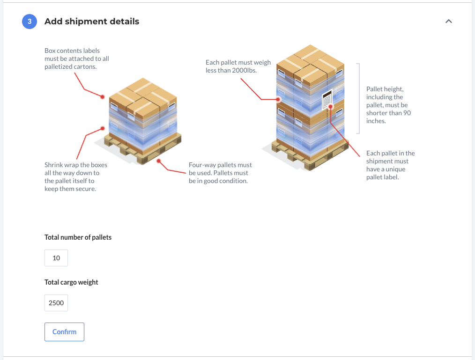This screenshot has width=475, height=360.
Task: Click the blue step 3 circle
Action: coord(30,22)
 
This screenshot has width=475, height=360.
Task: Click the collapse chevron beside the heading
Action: coord(449,21)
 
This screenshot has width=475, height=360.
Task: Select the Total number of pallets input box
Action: coord(56,258)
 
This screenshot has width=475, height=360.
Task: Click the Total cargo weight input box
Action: coord(56,303)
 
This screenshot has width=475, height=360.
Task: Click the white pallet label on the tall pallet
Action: coord(327,99)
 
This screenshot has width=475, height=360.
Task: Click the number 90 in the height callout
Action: coord(407,113)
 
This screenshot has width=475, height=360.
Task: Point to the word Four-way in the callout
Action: coord(202,165)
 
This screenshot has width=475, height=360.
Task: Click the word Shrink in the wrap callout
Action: coord(53,165)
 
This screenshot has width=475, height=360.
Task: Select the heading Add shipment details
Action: coord(92,22)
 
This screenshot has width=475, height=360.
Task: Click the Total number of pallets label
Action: coord(78,237)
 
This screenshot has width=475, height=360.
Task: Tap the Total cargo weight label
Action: coord(71,282)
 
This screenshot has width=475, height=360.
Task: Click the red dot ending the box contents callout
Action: coord(103,97)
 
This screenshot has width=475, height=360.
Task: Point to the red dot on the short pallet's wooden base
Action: coord(158,161)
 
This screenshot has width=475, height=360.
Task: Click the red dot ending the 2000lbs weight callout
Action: coord(278,99)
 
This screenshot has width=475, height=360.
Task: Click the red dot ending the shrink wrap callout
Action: coord(103,128)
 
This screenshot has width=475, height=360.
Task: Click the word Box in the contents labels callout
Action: coord(50,51)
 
